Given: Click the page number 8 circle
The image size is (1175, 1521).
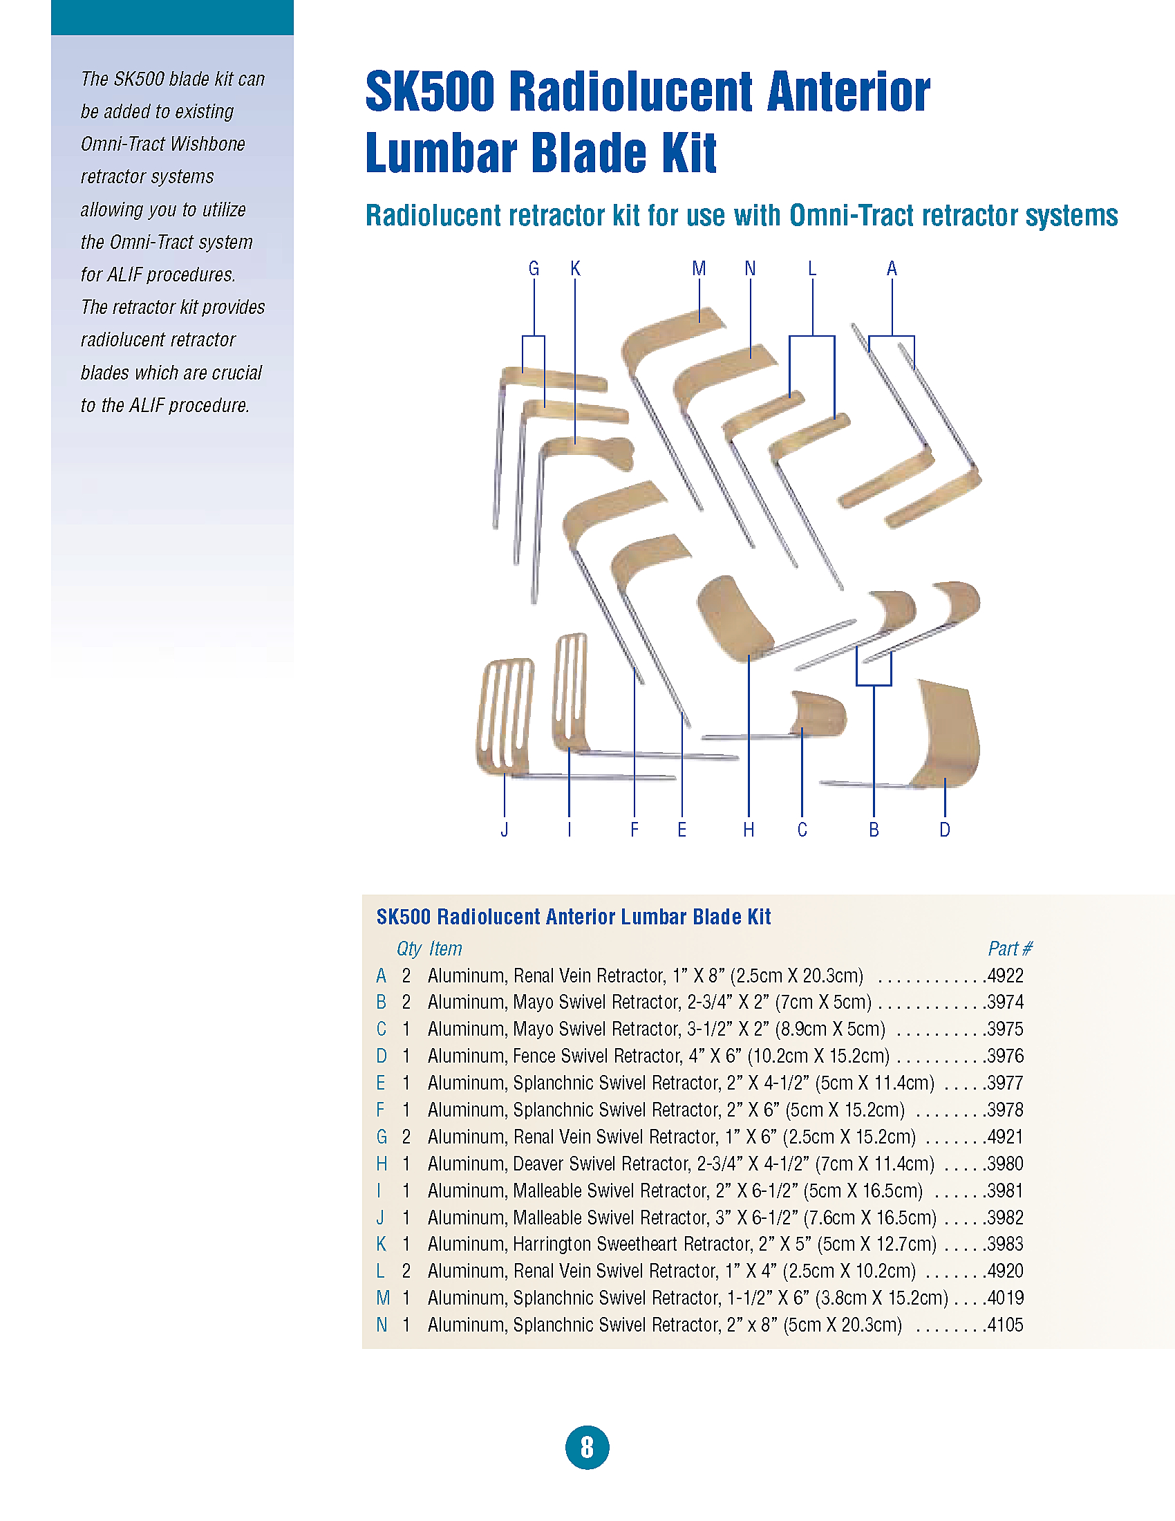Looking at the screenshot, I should click(587, 1447).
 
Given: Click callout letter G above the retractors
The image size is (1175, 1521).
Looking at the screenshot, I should click(534, 268).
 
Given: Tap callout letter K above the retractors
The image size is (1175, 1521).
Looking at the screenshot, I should click(575, 268).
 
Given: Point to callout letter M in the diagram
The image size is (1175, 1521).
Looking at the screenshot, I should click(699, 268).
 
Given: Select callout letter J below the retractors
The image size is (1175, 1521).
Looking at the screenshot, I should click(505, 830).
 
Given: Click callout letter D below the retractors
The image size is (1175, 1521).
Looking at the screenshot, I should click(945, 830).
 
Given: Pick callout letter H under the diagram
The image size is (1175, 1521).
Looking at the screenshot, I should click(749, 830).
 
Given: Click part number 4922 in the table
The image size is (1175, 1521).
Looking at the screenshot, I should click(1006, 976).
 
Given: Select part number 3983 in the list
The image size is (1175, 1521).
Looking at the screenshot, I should click(1006, 1244).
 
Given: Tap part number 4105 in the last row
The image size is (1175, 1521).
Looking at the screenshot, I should click(1006, 1325).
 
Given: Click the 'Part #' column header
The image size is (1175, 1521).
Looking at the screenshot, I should click(1010, 949).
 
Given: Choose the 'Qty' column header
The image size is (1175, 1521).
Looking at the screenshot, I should click(409, 949).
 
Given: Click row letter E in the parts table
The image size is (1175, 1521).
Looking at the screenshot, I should click(381, 1083).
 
